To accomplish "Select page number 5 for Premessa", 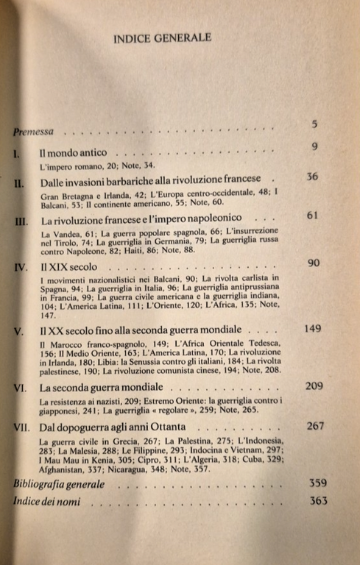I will [x=314, y=124].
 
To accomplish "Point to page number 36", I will [x=312, y=177].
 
